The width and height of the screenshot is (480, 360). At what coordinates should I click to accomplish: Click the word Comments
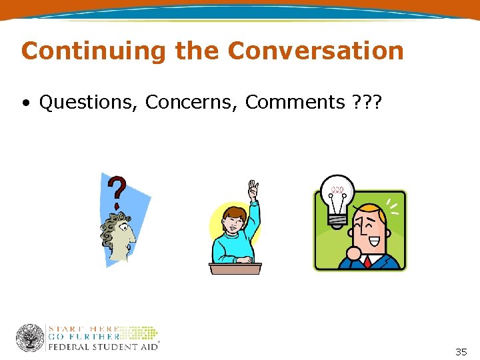point(294,103)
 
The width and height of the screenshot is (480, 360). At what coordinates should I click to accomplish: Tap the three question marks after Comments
point(363,103)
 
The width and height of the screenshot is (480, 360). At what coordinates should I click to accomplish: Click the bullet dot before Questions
point(25,103)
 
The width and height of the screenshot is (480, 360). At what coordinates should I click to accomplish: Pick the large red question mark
point(119,190)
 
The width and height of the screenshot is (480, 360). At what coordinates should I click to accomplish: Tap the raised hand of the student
point(253,190)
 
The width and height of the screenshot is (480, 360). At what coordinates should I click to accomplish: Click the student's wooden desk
point(235,268)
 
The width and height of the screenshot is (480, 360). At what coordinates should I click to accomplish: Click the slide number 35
point(461,352)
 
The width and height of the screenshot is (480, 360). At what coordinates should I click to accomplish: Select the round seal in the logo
point(31,338)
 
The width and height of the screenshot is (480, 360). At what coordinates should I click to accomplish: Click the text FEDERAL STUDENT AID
point(103,347)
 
